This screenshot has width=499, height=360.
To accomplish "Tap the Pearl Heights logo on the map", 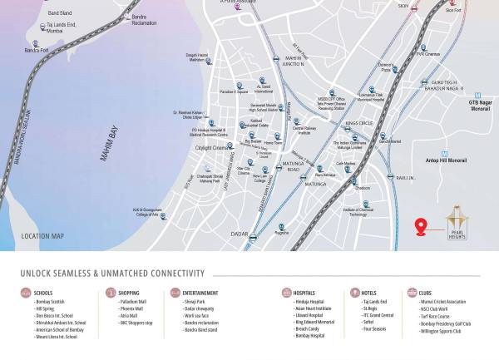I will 457,223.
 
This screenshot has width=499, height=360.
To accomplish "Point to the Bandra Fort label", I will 37,51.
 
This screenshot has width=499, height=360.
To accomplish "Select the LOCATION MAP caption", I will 42,237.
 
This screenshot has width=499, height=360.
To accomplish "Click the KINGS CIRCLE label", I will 358,123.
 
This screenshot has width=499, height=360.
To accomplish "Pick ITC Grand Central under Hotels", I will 379,315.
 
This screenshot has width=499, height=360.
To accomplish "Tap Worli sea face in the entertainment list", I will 197,315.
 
